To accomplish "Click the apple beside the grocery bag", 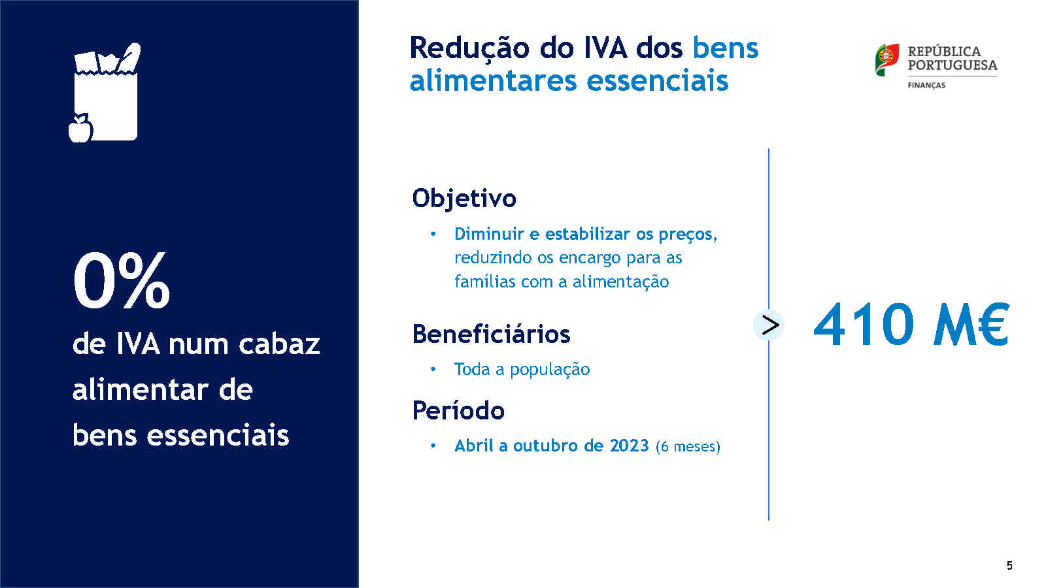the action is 80,128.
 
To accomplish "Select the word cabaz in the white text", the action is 279,344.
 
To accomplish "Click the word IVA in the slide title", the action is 605,48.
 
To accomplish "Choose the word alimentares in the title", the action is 494,80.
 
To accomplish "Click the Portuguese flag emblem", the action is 886,59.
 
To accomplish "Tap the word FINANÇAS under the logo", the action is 926,86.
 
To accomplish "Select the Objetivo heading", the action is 464,199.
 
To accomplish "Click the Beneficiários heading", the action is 491,334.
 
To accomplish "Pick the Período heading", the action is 458,410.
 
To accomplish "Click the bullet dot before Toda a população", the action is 433,369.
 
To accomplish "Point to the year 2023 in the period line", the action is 630,445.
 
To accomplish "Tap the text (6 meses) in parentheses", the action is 688,447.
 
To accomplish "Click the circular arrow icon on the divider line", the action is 769,325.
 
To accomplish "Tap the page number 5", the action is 1009,566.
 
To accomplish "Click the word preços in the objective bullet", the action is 688,235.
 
